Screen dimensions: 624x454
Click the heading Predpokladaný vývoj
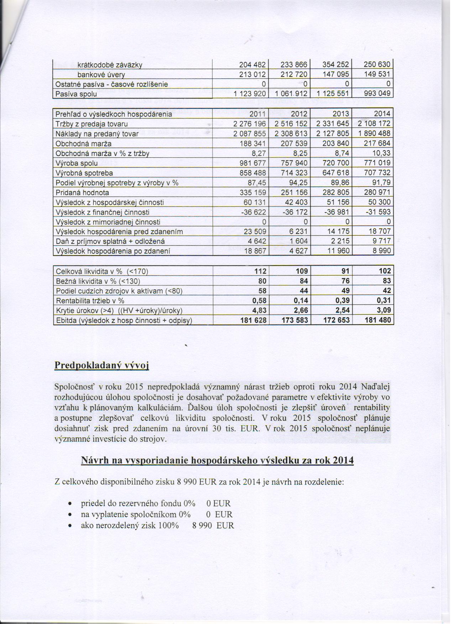(x=101, y=366)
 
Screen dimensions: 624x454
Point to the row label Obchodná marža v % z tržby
(x=103, y=153)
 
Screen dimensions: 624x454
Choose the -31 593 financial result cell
(x=379, y=212)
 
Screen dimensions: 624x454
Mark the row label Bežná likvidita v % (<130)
(x=95, y=281)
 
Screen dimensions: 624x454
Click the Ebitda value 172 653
(x=336, y=320)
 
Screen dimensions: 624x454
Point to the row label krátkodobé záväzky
(x=110, y=65)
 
